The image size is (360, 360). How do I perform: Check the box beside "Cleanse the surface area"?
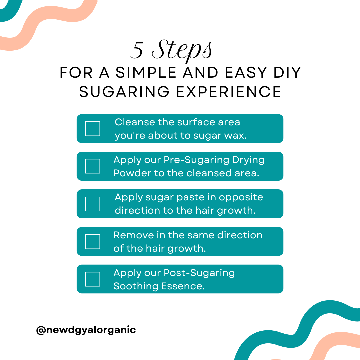92,129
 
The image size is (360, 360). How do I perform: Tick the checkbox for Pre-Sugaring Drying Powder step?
92,166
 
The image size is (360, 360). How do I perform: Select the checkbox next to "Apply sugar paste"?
92,204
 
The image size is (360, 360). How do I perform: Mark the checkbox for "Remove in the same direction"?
92,242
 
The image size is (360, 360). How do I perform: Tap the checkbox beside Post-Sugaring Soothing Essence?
92,279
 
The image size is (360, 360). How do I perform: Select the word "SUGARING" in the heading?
125,92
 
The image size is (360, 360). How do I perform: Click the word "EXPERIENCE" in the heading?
229,92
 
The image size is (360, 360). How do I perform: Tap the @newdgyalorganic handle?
86,330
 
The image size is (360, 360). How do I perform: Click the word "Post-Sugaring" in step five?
199,273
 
